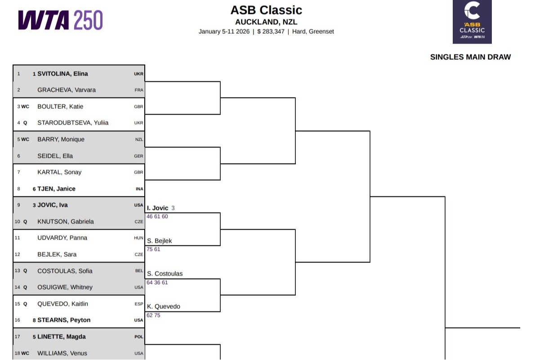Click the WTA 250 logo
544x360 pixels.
tap(60, 20)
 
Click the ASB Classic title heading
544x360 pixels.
tap(266, 10)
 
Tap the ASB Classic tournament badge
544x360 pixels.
tap(472, 22)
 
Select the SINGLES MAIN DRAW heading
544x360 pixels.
tap(470, 57)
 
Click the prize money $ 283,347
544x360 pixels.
tap(271, 31)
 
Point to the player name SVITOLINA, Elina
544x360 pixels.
tap(62, 74)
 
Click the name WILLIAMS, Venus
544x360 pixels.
tap(62, 353)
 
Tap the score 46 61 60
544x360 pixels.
tap(157, 217)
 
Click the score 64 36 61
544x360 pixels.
tap(157, 282)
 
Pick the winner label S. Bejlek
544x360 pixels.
tap(160, 241)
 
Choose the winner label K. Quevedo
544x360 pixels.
tap(164, 307)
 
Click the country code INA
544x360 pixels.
tap(139, 189)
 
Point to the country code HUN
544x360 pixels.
tap(139, 238)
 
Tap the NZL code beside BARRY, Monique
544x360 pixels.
tap(139, 139)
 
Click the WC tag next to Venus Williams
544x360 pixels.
tap(25, 353)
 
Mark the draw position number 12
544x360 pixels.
tap(18, 254)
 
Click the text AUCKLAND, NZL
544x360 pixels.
tap(266, 22)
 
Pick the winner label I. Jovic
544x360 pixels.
tap(157, 208)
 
